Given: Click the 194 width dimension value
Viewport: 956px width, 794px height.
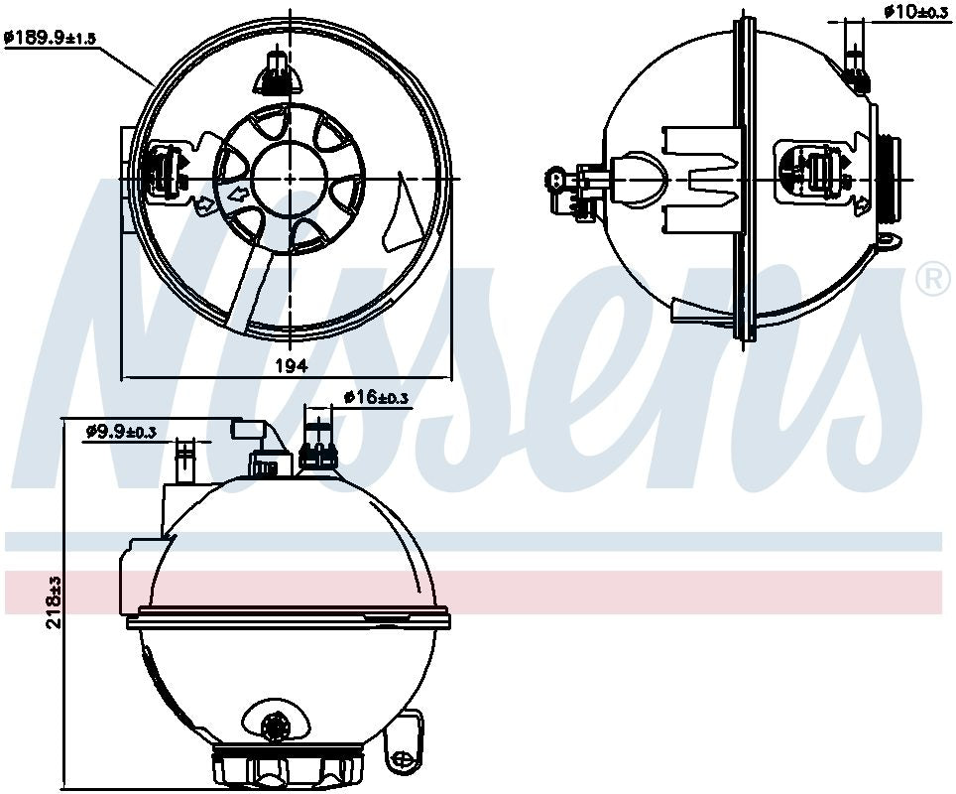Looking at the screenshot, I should (290, 365).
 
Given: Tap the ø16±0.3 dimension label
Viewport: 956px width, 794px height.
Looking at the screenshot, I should (376, 397).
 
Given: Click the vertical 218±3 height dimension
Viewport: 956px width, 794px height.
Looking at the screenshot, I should (55, 601).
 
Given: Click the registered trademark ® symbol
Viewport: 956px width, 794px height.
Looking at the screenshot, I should (933, 281).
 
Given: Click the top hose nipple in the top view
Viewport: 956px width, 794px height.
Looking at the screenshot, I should (278, 72).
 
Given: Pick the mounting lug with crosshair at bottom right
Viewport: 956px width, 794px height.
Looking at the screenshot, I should (406, 757).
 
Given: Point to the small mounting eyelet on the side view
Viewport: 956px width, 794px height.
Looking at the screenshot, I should (889, 239).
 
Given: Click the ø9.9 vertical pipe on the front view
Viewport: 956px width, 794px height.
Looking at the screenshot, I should (184, 462).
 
